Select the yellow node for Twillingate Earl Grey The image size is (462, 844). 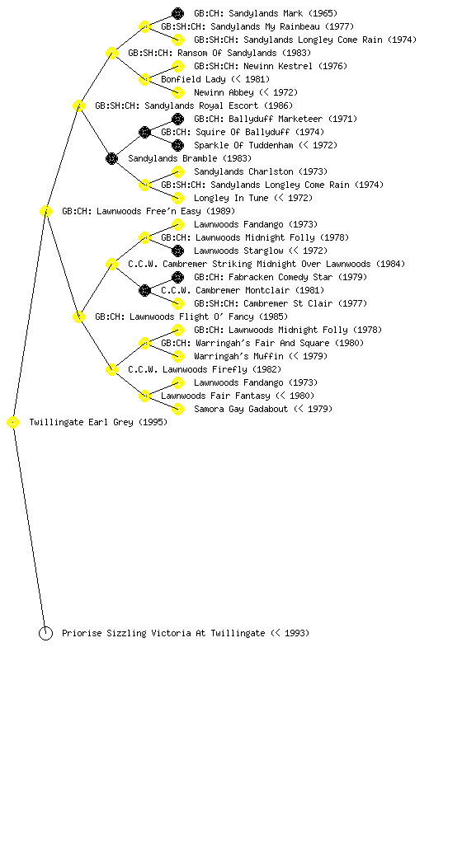tap(13, 423)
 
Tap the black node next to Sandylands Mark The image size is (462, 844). tap(177, 13)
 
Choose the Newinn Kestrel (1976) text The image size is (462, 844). tap(271, 66)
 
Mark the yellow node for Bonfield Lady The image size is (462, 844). tap(144, 80)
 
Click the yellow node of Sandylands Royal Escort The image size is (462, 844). tap(78, 106)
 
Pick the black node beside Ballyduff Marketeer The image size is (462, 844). tap(177, 119)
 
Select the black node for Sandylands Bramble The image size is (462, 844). tap(111, 159)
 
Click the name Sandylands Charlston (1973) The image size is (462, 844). tap(261, 171)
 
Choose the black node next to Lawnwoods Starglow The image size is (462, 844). tap(177, 251)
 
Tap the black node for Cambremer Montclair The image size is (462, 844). tap(144, 291)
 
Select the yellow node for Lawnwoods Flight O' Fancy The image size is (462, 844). tap(78, 317)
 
